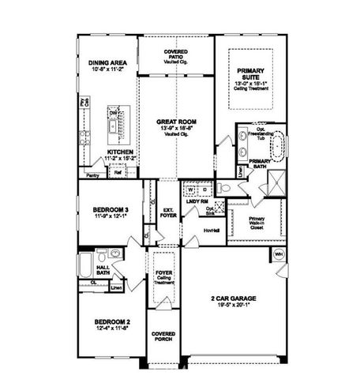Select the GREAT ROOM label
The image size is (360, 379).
click(176, 122)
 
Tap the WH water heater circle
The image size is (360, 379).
click(279, 254)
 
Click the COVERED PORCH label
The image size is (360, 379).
click(163, 336)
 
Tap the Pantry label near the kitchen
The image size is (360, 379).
click(92, 175)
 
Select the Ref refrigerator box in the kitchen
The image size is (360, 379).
click(118, 172)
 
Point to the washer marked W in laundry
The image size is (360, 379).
click(190, 189)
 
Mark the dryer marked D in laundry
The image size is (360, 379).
click(203, 189)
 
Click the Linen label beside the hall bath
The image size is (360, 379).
click(117, 287)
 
